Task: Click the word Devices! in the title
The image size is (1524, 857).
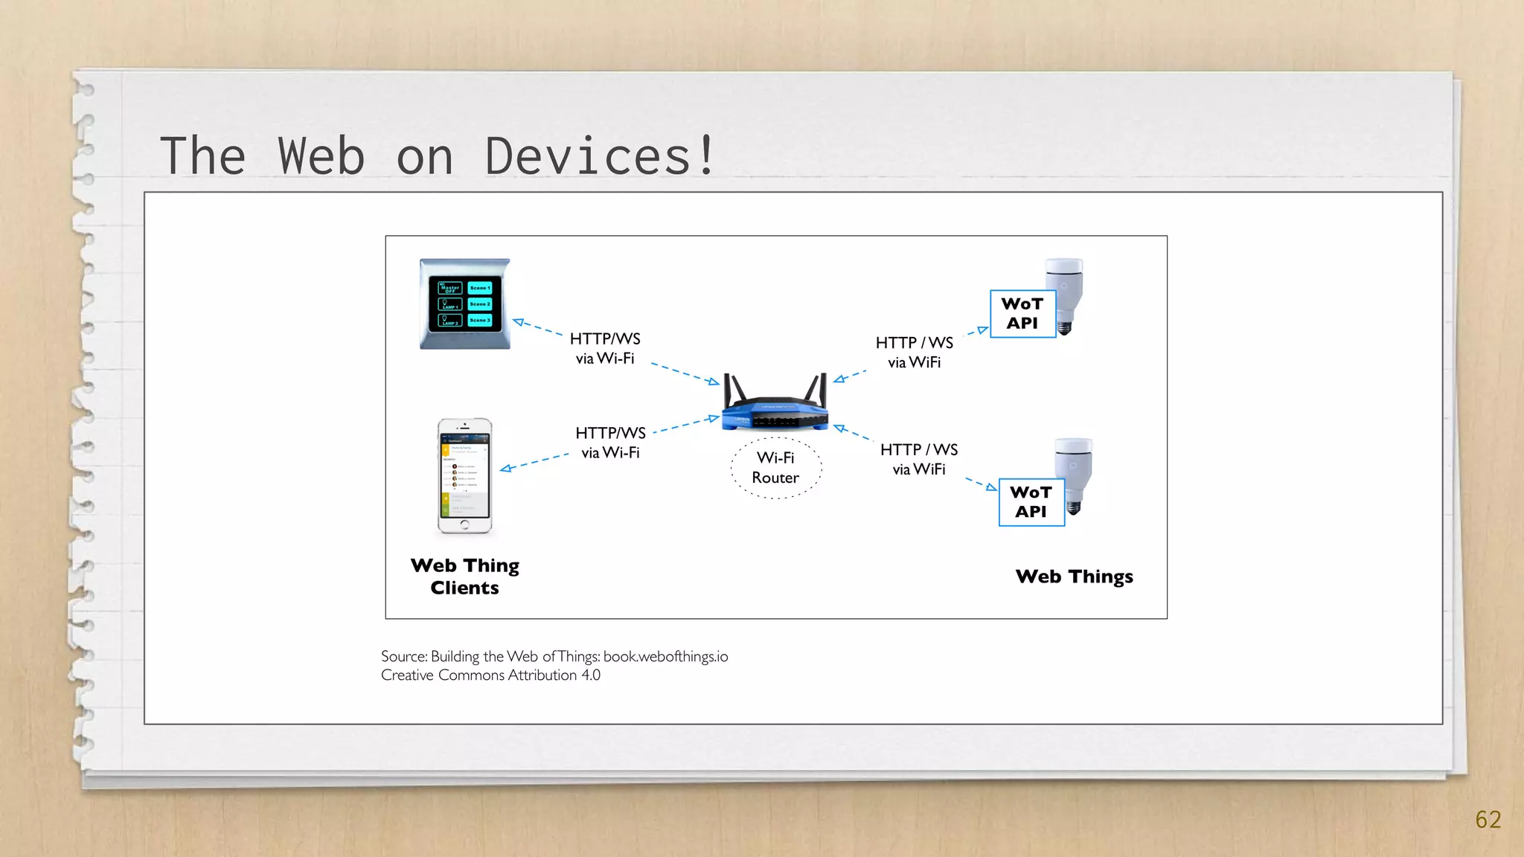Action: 600,156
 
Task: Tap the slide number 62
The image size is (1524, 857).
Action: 1488,819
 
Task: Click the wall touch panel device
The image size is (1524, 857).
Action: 465,304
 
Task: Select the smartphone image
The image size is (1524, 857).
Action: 464,476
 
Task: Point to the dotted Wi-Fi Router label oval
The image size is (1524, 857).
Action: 776,468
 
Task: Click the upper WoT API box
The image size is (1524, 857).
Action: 1022,314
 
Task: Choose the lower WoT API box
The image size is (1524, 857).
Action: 1031,502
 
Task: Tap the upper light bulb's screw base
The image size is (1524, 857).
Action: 1065,327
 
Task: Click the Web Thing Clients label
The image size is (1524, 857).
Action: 465,577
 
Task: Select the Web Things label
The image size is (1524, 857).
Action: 1074,577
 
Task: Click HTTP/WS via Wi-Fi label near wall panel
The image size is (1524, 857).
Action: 605,348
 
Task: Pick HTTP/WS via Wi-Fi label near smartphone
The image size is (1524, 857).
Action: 610,443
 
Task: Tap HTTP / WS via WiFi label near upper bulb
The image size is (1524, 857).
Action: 915,352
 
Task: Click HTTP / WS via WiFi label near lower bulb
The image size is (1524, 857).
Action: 919,459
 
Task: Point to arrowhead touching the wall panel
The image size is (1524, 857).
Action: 519,322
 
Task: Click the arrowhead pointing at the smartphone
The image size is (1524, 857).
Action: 506,469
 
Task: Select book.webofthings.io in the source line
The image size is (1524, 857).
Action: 665,656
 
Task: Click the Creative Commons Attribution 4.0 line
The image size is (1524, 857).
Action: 490,675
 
